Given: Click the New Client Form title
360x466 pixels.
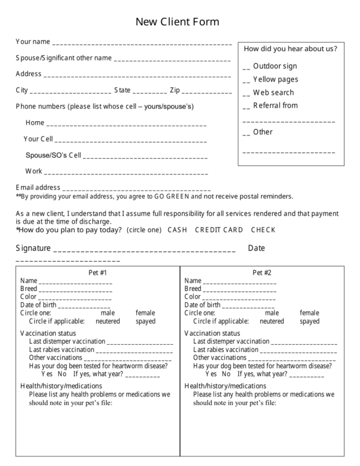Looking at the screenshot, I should pyautogui.click(x=177, y=22).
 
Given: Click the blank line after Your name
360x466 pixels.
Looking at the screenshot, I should pyautogui.click(x=142, y=44).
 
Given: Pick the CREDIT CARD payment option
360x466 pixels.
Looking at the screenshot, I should pyautogui.click(x=219, y=230).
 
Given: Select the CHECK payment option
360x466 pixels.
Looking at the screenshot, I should pyautogui.click(x=263, y=230).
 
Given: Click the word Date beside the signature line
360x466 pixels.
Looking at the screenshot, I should pyautogui.click(x=256, y=248).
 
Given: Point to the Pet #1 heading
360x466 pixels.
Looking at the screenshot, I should pyautogui.click(x=97, y=272).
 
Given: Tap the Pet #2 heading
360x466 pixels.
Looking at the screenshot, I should pyautogui.click(x=262, y=272).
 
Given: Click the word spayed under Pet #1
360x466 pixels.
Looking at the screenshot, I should pyautogui.click(x=145, y=321).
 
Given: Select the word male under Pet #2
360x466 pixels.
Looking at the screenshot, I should pyautogui.click(x=272, y=312).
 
